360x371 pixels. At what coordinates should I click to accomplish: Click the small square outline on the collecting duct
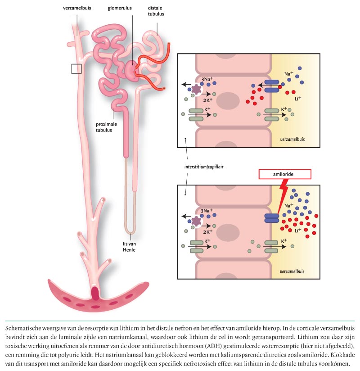coord(76,68)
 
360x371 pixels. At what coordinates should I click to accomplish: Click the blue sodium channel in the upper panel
coord(271,86)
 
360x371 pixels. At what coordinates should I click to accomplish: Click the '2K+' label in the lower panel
coord(207,232)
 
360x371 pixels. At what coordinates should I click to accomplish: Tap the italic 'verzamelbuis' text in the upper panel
coord(292,139)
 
